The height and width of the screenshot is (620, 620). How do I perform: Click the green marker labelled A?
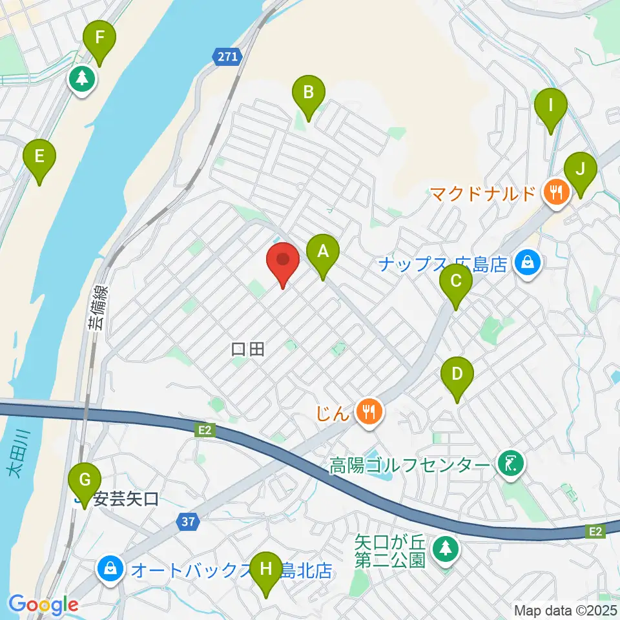tap(323, 253)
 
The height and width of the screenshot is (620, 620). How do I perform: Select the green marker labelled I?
tap(551, 106)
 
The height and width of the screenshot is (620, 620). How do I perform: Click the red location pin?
tap(283, 262)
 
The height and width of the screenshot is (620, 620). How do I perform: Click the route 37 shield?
tap(187, 521)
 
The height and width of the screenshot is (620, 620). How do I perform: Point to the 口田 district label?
tap(248, 350)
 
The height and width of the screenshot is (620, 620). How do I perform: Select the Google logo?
tap(43, 604)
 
